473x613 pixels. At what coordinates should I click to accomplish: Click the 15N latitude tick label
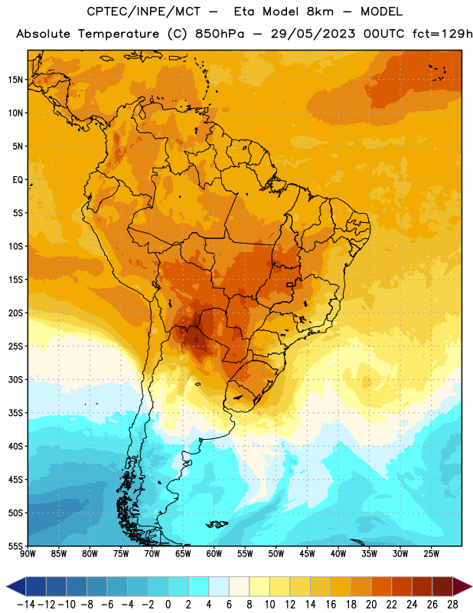coord(15,80)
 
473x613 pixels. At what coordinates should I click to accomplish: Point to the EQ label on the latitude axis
coord(18,180)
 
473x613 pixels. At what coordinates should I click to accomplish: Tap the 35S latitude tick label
coord(15,413)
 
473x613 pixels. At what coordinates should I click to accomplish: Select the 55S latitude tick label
coord(15,546)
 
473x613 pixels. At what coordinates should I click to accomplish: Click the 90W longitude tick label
coord(28,554)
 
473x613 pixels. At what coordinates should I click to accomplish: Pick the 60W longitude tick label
coord(214,554)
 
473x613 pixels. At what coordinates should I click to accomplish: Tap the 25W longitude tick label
coord(431,554)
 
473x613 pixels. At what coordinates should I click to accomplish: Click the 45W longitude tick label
coord(307,554)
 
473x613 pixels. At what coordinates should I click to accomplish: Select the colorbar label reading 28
coord(452,605)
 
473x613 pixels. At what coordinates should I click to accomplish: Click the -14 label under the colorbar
coord(26,605)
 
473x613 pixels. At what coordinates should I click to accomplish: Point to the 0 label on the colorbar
coord(168,605)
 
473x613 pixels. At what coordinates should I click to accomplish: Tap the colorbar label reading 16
coord(331,605)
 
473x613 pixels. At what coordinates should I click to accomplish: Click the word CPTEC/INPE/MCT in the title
coord(143,11)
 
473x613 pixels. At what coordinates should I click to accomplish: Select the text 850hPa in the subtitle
coord(220,34)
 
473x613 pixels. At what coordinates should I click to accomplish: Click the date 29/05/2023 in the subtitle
coord(313,34)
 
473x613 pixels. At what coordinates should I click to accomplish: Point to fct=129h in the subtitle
coord(442,34)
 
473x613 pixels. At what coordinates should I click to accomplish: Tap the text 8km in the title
coord(320,11)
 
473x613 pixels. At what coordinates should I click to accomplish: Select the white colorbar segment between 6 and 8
coord(239,586)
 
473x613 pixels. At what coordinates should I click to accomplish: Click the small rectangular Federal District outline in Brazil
coord(290,284)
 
